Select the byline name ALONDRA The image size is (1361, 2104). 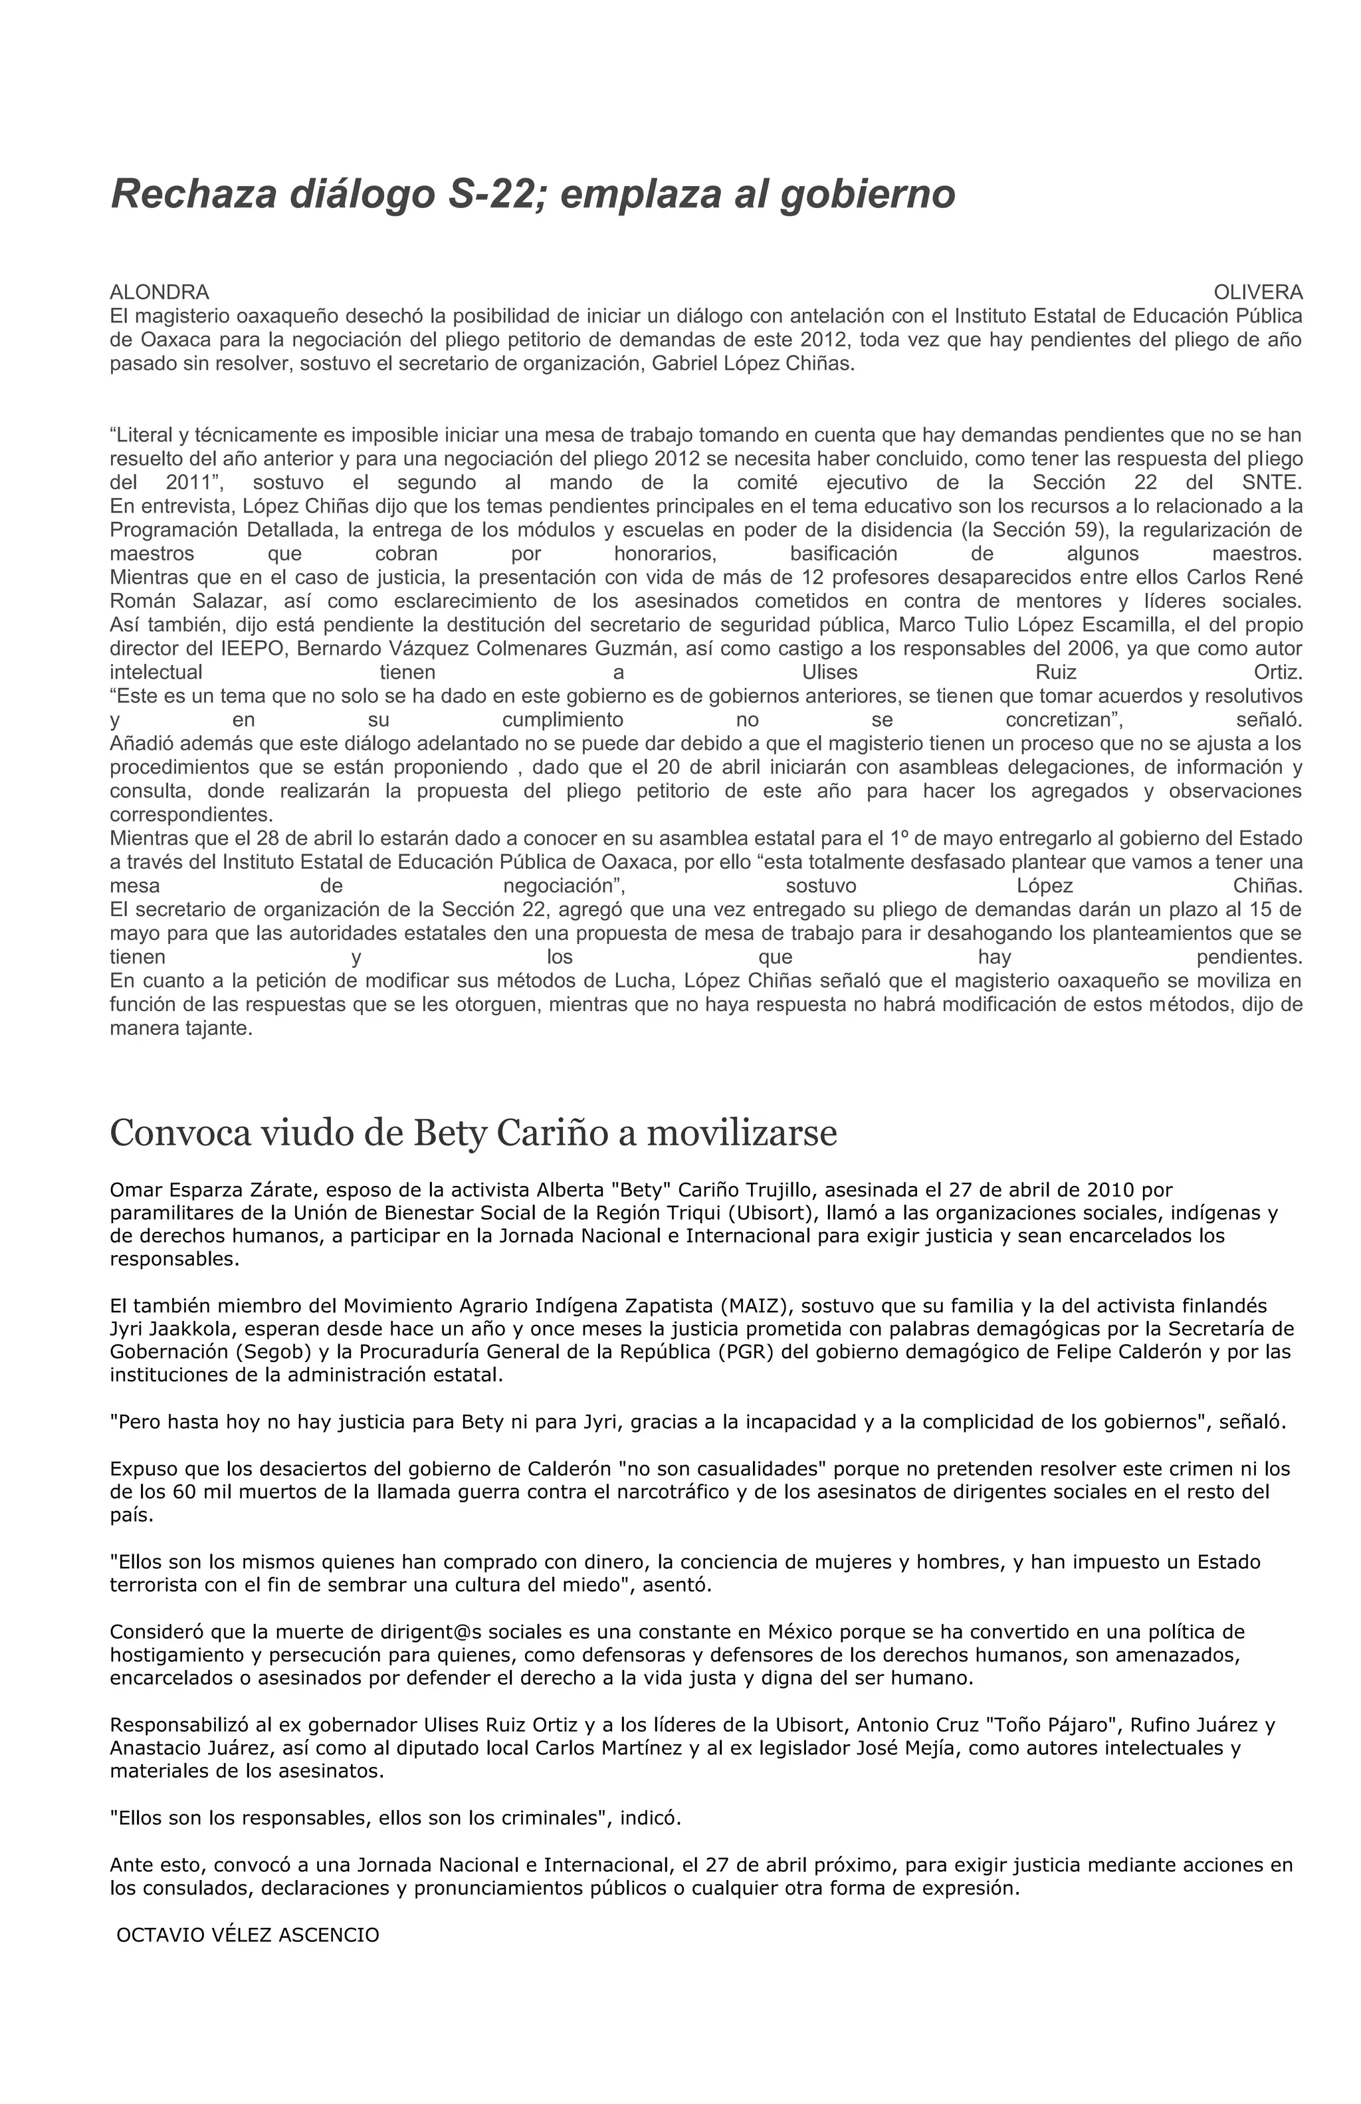tap(159, 292)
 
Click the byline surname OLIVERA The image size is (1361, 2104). tap(1257, 292)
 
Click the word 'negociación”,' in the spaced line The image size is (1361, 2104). tap(564, 885)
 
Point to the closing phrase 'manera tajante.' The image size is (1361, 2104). tap(181, 1029)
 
